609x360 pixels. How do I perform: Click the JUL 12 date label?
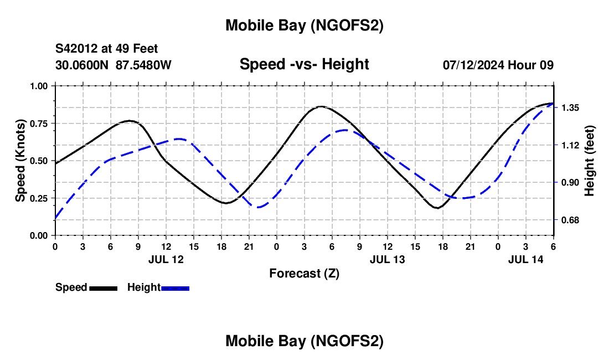166,259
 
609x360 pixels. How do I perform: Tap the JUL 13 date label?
387,259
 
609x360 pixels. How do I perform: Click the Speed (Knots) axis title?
20,160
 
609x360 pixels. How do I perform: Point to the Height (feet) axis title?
589,160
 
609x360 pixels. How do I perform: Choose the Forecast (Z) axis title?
304,273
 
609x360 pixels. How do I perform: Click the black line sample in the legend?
103,288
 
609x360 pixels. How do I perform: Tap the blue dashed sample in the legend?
175,288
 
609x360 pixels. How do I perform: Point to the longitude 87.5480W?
143,65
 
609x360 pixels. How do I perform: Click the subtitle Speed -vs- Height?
304,64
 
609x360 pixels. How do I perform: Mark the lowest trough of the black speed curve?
437,208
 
